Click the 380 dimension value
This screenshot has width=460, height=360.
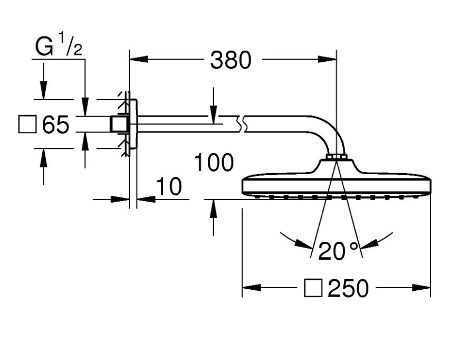231,60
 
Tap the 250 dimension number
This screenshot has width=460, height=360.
348,288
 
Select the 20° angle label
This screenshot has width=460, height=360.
338,251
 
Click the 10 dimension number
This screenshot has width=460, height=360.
169,186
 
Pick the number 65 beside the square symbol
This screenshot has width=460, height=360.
55,125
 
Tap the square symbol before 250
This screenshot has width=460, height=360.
313,288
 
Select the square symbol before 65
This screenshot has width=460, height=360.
27,125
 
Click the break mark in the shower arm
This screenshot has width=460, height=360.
242,124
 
